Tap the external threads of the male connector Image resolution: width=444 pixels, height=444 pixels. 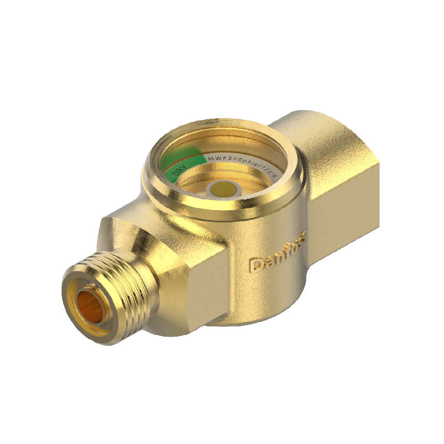pos(123,288)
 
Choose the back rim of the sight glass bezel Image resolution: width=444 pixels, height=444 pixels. pos(230,125)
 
